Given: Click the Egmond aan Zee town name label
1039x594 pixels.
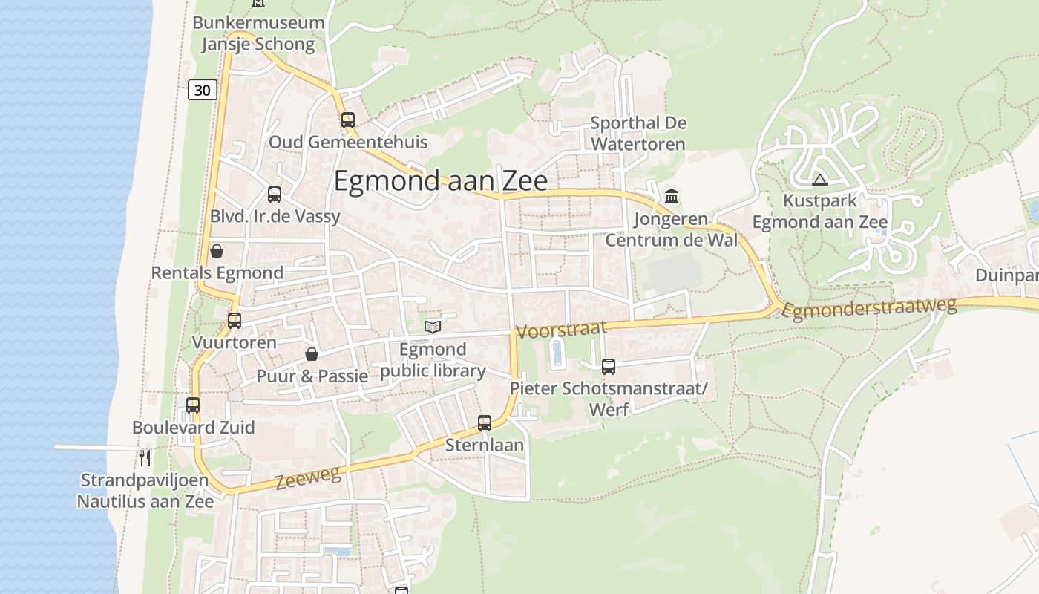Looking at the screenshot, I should (x=441, y=181).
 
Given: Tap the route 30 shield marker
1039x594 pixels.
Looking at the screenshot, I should (x=202, y=90).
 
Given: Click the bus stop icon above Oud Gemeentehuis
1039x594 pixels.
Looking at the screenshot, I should (x=348, y=120).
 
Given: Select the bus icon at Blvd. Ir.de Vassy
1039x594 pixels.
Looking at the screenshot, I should (x=275, y=195).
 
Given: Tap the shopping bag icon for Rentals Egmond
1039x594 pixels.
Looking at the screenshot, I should (x=217, y=251).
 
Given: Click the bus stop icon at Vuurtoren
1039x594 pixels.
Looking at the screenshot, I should (x=235, y=321).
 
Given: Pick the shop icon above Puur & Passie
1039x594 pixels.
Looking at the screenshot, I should (x=312, y=354).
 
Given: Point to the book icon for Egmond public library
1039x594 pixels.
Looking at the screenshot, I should (x=433, y=327).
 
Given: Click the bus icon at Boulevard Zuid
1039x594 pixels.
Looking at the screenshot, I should (x=193, y=405).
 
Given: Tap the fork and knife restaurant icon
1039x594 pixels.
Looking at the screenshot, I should (x=145, y=457).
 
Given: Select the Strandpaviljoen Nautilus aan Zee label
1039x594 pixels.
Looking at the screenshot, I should (x=145, y=491).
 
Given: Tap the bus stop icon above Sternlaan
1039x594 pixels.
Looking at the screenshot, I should (x=485, y=423).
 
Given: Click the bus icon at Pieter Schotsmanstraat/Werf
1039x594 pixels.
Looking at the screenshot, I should (x=609, y=366).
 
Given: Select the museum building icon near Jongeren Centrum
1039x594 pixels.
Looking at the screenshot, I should (x=672, y=197).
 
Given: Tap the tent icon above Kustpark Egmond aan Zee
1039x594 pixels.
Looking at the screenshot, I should (x=819, y=180).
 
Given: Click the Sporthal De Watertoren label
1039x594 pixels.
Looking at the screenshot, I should (x=638, y=134).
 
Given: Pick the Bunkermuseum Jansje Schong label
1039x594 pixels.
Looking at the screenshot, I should (x=258, y=33).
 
